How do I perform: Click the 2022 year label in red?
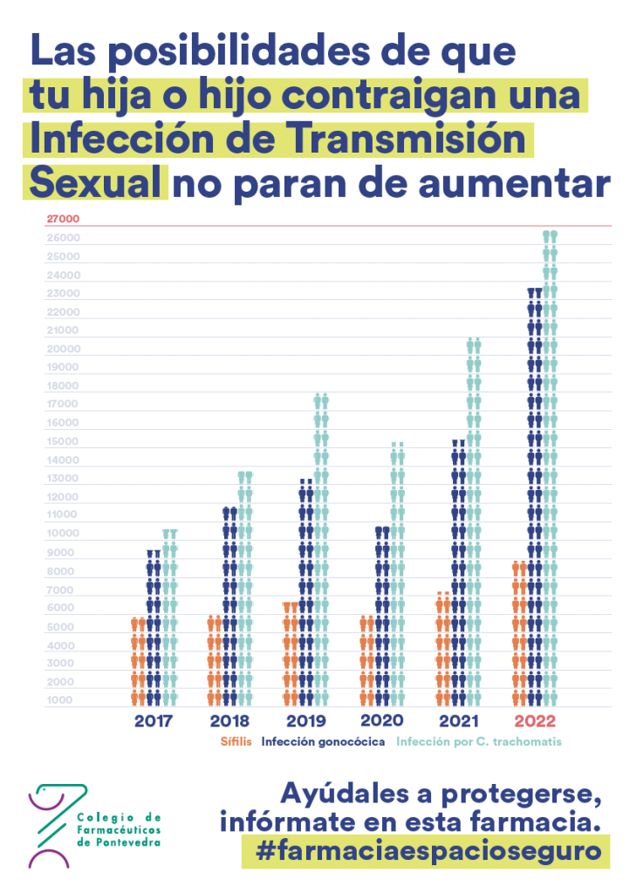535,721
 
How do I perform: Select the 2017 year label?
154,721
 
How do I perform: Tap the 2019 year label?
305,721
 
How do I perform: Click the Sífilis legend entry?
236,742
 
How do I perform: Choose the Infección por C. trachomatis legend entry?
478,742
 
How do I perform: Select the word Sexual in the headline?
95,184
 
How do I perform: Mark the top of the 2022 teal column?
550,235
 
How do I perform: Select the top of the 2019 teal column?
321,399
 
